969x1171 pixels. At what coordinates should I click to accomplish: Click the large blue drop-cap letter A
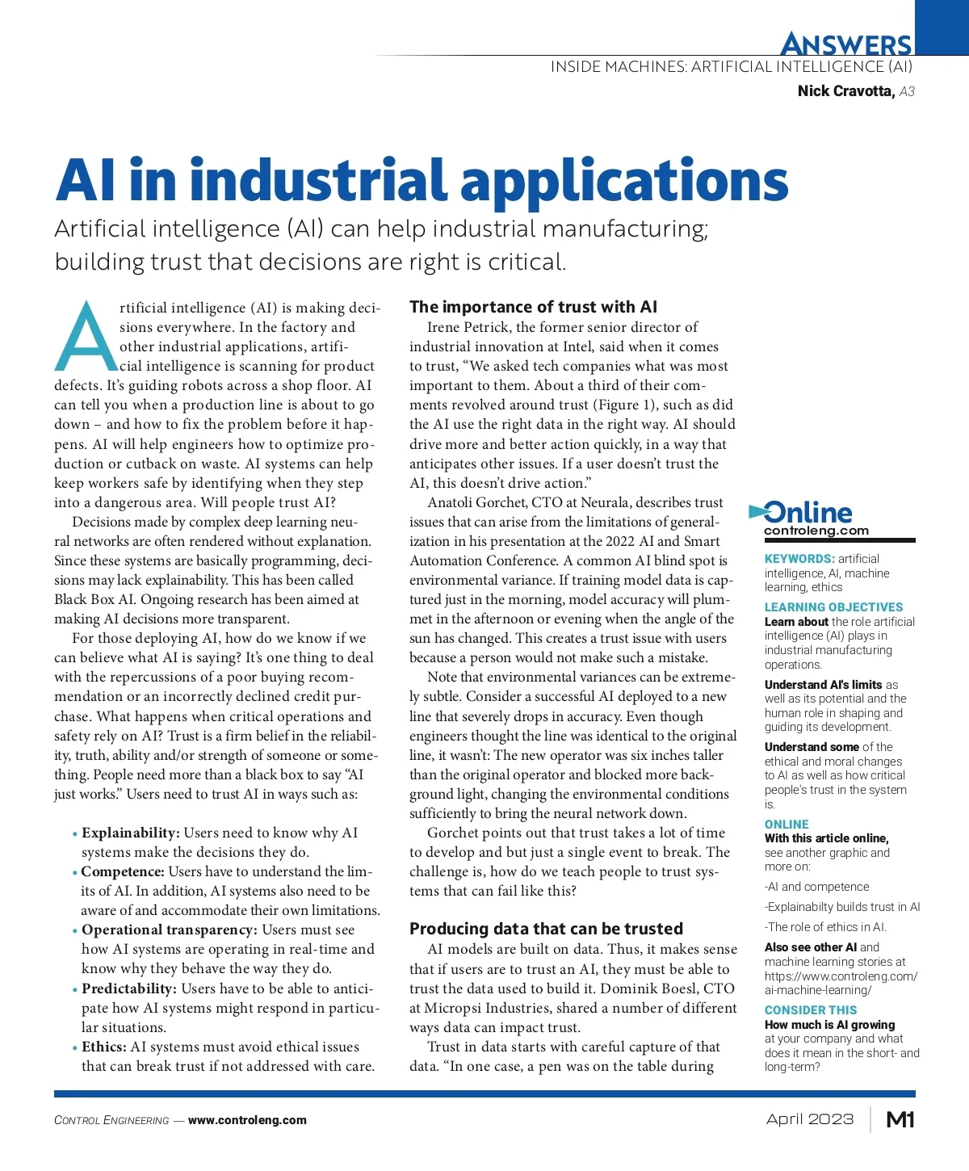point(86,338)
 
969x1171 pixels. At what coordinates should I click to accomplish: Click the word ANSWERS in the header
point(846,44)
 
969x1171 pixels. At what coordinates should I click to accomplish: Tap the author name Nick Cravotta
point(845,91)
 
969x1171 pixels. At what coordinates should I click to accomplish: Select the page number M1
point(900,1119)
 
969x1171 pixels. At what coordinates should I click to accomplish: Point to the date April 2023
point(810,1119)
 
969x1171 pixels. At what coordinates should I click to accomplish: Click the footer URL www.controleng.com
point(247,1120)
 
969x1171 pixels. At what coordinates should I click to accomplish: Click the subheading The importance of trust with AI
point(533,307)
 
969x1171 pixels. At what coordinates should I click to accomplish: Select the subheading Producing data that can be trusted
point(546,929)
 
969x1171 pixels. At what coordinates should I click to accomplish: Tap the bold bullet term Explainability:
point(131,833)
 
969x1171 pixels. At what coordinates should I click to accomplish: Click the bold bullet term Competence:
point(123,871)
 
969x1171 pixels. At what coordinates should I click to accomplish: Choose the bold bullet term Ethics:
point(104,1047)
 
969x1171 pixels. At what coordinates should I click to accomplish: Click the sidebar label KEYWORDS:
point(799,559)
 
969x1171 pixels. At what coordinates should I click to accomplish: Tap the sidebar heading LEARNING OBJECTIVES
point(833,607)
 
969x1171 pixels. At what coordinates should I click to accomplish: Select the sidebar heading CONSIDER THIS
point(811,1010)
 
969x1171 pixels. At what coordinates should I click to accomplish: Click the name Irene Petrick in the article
point(468,327)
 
